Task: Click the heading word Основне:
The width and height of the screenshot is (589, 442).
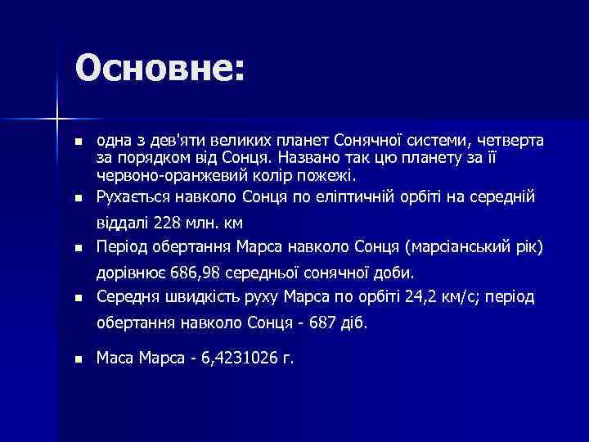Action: coord(160,67)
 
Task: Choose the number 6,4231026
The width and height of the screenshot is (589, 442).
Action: coord(240,358)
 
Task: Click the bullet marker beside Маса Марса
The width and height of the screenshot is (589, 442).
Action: coord(79,359)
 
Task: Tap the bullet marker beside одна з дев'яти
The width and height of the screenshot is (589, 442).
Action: coord(79,142)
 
